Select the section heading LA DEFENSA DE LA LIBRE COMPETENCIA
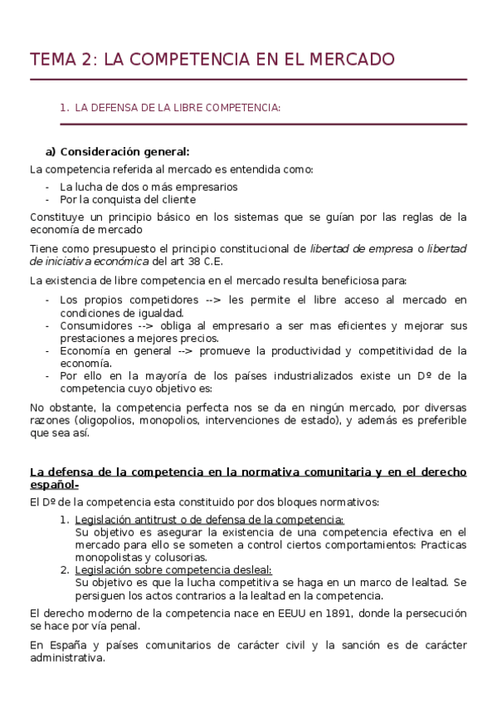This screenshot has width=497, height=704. (178, 107)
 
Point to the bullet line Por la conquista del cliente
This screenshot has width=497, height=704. (128, 199)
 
